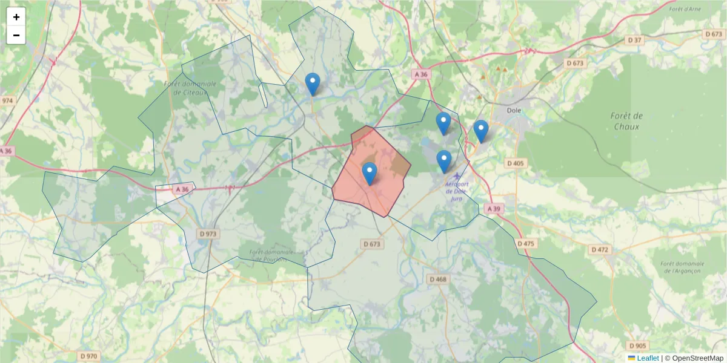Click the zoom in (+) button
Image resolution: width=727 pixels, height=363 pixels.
pyautogui.click(x=16, y=17)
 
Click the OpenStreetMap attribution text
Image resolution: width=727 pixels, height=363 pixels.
pyautogui.click(x=698, y=358)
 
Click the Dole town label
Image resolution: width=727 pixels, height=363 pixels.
pyautogui.click(x=514, y=111)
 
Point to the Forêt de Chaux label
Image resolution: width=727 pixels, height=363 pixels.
pyautogui.click(x=627, y=121)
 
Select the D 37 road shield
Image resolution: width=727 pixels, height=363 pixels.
pyautogui.click(x=634, y=40)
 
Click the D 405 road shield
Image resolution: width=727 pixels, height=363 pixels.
pyautogui.click(x=516, y=163)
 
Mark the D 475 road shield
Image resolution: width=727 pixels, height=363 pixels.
pyautogui.click(x=526, y=243)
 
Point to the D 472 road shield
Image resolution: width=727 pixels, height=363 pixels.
pyautogui.click(x=600, y=249)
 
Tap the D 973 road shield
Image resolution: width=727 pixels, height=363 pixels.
pyautogui.click(x=208, y=233)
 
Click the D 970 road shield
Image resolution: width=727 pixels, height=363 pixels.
pyautogui.click(x=88, y=356)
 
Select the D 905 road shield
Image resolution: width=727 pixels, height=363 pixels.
pyautogui.click(x=638, y=345)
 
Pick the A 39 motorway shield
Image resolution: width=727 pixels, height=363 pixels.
pyautogui.click(x=493, y=208)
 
